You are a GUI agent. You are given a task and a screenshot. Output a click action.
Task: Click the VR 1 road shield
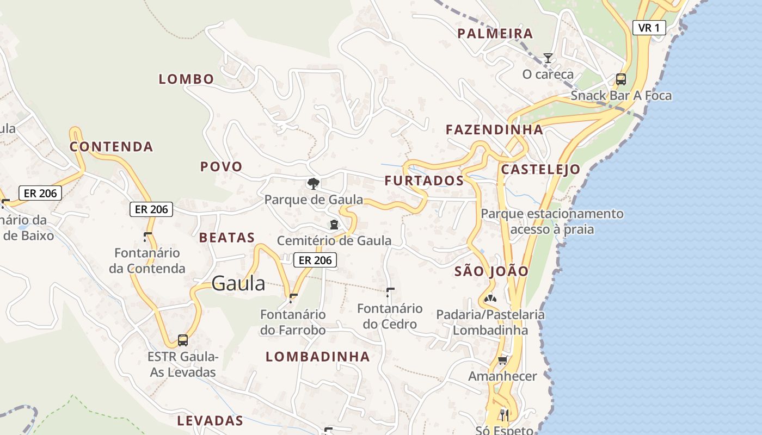coord(649,28)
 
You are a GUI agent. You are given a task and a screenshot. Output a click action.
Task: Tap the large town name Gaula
coord(238,283)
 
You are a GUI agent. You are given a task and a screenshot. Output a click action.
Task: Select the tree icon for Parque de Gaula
coord(313,183)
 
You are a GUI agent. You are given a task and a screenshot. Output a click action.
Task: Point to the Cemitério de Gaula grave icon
coord(334,224)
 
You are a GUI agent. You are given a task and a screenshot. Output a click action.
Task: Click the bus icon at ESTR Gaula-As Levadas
coord(183,340)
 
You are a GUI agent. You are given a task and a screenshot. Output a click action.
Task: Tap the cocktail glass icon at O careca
coord(548,58)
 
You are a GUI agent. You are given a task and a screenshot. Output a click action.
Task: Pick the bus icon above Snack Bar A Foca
coord(620,79)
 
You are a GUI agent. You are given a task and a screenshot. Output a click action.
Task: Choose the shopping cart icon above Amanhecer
coord(502,360)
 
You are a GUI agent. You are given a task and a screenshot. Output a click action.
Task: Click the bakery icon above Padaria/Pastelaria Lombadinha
coord(490,299)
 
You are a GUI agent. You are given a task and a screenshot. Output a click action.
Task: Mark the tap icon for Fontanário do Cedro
coord(390,292)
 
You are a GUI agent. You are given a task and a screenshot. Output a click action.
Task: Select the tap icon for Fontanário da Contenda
coord(147,237)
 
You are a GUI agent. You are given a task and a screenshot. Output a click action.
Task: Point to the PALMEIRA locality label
coord(495,34)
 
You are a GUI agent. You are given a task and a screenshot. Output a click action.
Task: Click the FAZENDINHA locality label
coord(494,129)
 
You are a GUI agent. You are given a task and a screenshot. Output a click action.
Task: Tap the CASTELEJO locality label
coord(540,169)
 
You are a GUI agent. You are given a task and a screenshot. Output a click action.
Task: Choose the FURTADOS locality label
coord(424,181)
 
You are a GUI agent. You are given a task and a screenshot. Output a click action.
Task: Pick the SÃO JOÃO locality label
coord(491,271)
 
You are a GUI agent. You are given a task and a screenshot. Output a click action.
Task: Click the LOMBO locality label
coord(186,79)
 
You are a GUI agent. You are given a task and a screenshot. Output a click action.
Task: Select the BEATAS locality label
coord(227,237)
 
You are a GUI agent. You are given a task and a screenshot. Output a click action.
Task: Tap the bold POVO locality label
coord(221,166)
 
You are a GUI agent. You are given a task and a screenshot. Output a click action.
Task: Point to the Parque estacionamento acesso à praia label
coord(552,221)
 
